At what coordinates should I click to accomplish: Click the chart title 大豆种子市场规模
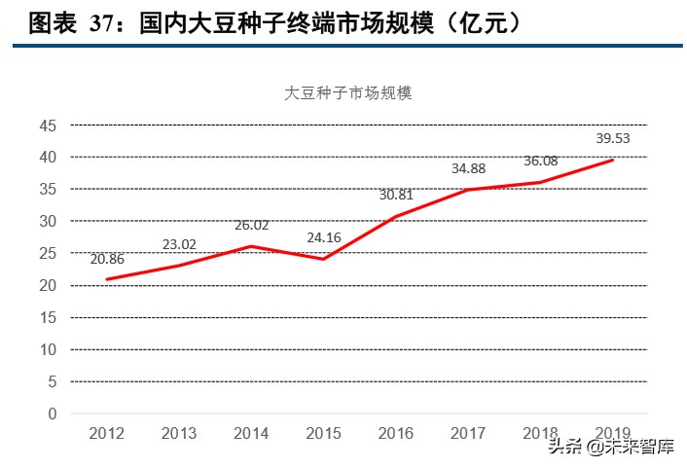click(348, 93)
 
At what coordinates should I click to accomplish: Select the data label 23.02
click(178, 244)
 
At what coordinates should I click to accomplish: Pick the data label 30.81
click(396, 195)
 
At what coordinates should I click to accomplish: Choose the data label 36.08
click(540, 161)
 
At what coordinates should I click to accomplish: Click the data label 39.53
click(612, 138)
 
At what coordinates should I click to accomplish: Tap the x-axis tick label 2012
click(106, 433)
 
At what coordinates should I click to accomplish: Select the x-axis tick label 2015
click(323, 433)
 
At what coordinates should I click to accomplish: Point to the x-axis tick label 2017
click(468, 433)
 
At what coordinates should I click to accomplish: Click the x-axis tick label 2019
click(612, 433)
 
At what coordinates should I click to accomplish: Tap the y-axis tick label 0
click(53, 414)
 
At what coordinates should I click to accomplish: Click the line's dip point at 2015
click(323, 259)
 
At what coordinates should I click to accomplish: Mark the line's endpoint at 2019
click(612, 161)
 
